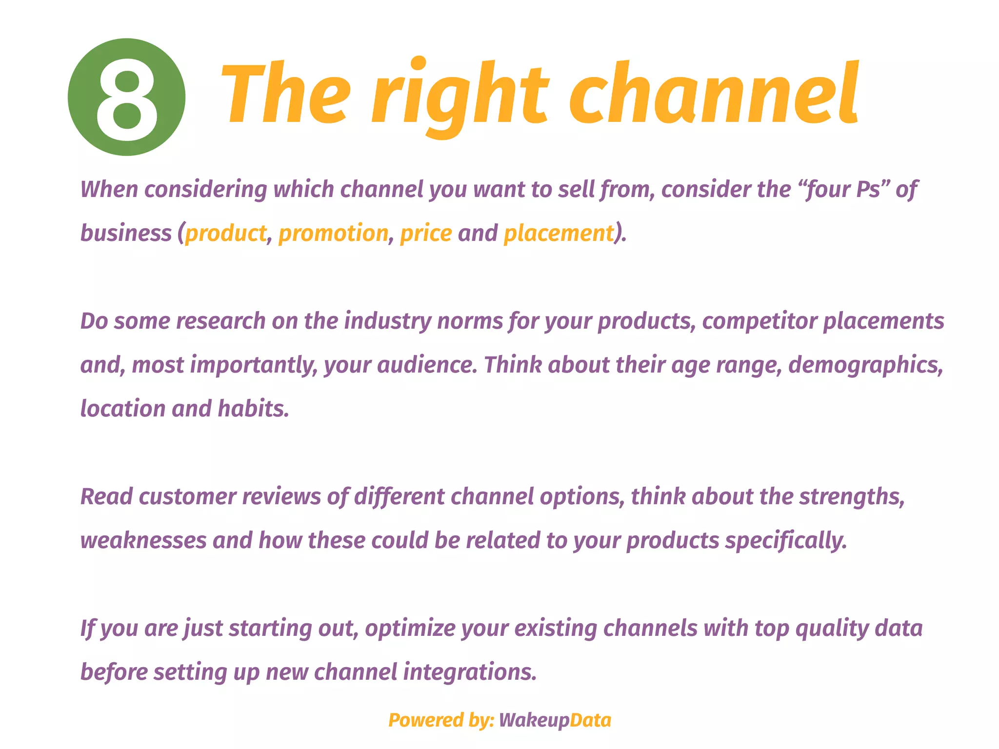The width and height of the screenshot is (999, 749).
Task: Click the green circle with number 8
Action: (126, 97)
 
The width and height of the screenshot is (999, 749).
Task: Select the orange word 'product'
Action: (225, 233)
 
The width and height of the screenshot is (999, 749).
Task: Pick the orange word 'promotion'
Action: (333, 233)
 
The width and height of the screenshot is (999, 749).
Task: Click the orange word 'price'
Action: (426, 233)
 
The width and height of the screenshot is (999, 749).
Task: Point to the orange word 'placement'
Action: (559, 233)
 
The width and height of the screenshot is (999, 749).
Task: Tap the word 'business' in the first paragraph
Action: (126, 233)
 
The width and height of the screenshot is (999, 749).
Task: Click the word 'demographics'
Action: (865, 365)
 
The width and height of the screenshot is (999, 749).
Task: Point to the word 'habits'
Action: (253, 409)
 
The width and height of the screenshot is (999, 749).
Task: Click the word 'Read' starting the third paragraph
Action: (106, 496)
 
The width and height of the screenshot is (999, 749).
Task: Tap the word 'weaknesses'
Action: (143, 540)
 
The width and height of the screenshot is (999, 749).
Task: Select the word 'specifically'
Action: (785, 540)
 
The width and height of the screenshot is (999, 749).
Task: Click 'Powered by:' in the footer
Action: (441, 720)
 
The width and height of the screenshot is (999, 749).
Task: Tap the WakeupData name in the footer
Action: (555, 720)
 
